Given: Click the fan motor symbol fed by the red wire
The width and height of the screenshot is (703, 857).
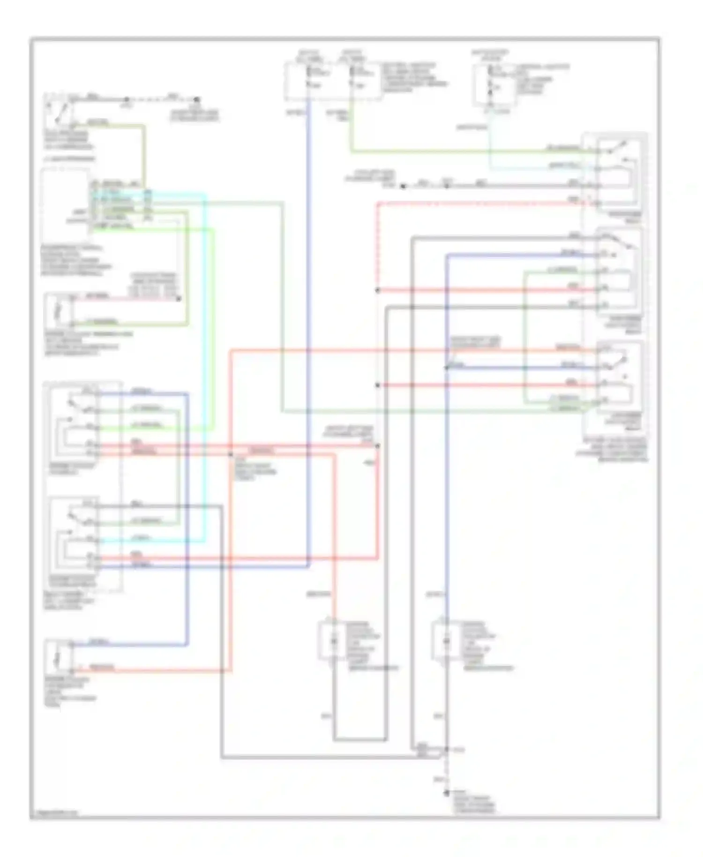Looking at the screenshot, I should (x=334, y=640).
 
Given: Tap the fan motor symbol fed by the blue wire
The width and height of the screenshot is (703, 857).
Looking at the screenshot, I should (x=447, y=640).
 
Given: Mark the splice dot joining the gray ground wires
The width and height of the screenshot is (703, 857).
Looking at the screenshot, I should (x=447, y=750).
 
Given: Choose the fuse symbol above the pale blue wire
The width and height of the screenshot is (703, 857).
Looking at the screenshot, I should (x=490, y=77).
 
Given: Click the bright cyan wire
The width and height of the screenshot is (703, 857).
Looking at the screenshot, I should (x=205, y=366).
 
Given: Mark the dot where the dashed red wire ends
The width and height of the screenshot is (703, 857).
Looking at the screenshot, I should (x=377, y=290).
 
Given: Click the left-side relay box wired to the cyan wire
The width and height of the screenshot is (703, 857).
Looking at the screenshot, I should (x=75, y=534).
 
